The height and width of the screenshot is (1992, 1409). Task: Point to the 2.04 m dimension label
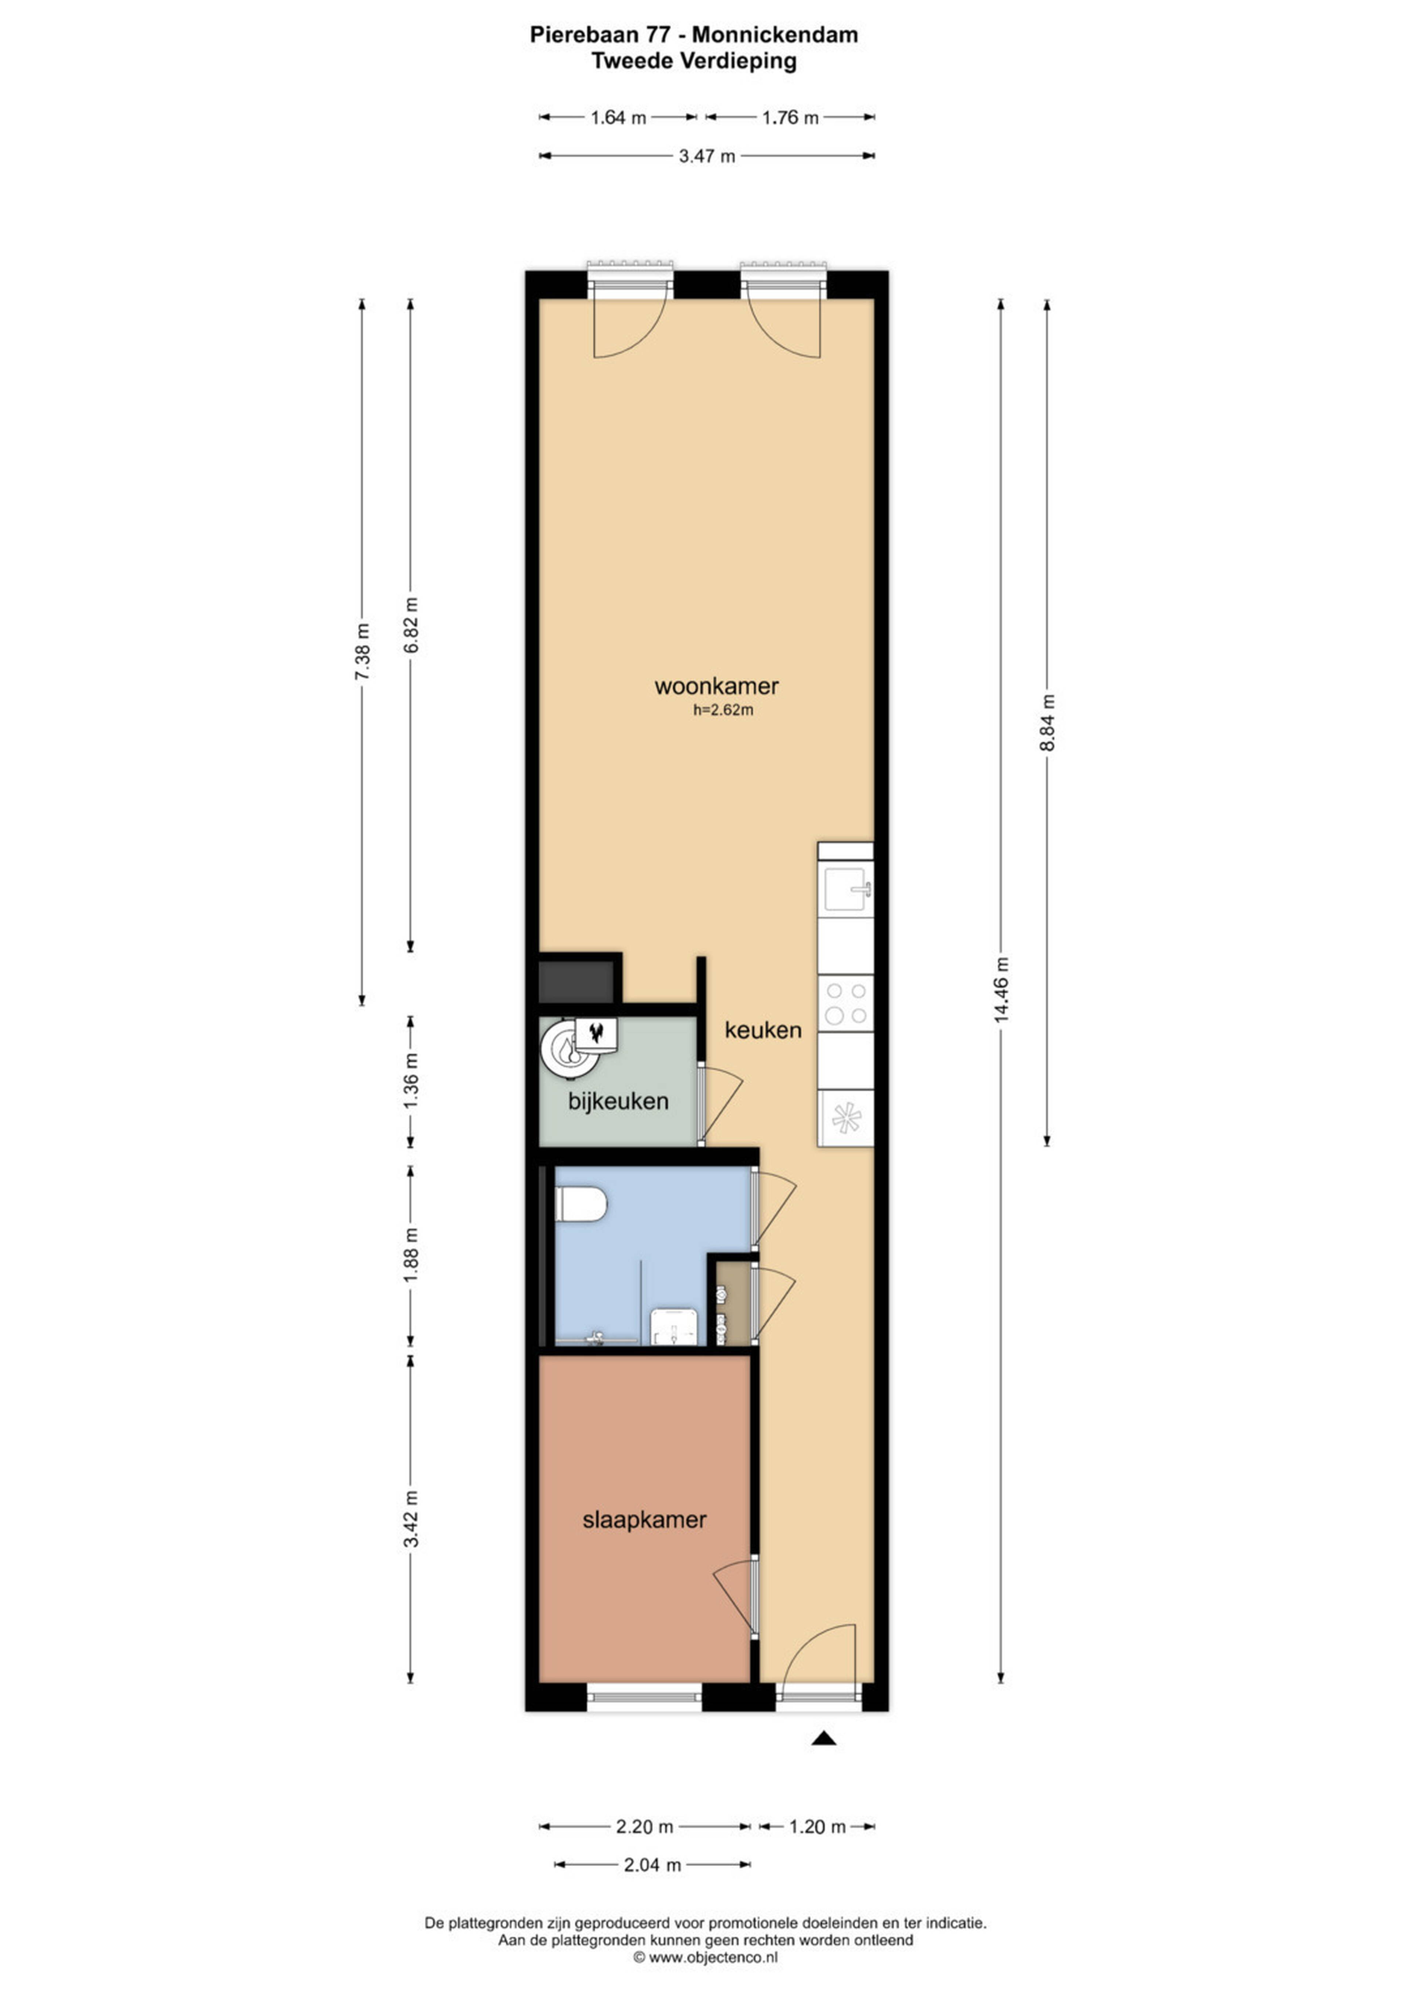tap(652, 1864)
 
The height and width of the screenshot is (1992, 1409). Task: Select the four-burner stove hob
tap(846, 1004)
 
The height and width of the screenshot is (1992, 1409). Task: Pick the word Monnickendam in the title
tap(775, 35)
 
